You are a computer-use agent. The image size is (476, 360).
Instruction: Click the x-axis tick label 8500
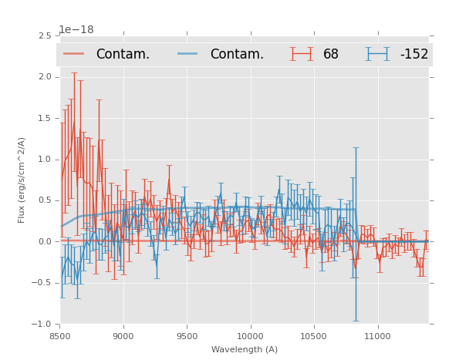tap(59, 336)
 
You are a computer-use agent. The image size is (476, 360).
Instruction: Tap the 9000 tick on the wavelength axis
tap(123, 336)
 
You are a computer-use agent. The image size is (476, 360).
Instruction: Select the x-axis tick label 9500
tap(187, 336)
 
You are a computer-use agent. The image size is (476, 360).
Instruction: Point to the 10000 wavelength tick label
tap(250, 336)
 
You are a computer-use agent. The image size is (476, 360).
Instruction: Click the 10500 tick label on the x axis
tap(314, 336)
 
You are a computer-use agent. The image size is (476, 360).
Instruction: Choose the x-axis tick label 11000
tap(377, 336)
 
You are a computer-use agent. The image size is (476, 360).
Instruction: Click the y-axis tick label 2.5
tap(44, 36)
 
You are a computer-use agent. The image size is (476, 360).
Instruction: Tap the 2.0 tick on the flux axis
tap(44, 77)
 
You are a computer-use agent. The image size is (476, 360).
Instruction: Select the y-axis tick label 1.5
tap(44, 119)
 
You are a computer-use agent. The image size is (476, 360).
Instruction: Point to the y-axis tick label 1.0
tap(44, 160)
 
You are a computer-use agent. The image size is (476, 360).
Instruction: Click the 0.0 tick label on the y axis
tap(44, 242)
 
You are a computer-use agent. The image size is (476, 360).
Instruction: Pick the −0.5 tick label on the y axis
tap(42, 283)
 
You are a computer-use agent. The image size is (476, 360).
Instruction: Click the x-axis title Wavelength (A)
tap(245, 350)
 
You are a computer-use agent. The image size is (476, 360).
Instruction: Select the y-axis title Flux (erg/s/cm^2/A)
tap(22, 180)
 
